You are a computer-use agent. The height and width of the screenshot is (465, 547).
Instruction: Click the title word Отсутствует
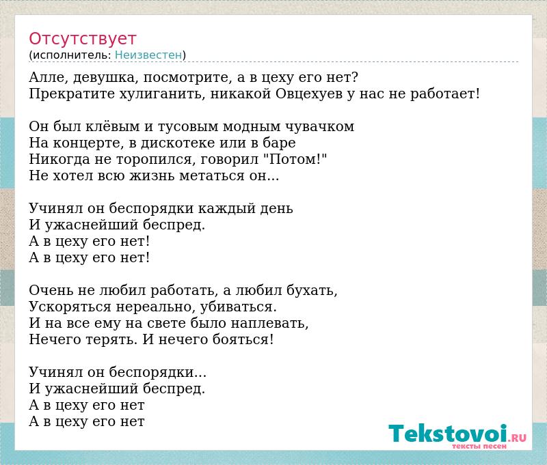click(82, 39)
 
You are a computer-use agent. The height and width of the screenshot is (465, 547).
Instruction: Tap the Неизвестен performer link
click(148, 55)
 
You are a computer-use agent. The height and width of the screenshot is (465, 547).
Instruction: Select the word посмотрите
click(187, 78)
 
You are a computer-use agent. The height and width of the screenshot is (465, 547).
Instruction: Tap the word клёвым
click(114, 126)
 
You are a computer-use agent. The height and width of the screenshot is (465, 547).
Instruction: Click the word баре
click(279, 143)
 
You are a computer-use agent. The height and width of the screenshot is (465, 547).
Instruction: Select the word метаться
click(217, 175)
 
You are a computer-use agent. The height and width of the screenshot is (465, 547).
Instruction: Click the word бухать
click(312, 290)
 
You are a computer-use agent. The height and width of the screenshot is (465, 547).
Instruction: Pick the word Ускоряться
click(70, 307)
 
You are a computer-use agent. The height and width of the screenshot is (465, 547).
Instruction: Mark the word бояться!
click(243, 339)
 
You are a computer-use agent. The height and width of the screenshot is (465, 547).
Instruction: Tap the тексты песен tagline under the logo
click(479, 446)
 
